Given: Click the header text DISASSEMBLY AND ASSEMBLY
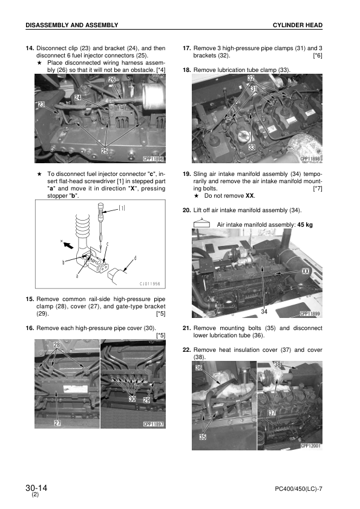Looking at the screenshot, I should coord(71,25).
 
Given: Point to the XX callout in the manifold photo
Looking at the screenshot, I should coord(306,272).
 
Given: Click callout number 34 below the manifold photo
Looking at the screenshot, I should coord(264,311).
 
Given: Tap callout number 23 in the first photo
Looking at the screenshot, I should coord(41,105).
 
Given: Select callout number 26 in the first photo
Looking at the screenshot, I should coord(112,80).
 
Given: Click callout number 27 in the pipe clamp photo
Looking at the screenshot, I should coord(57,423).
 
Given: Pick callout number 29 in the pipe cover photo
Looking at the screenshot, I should coord(146,401).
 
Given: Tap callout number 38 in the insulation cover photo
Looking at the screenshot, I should coord(277,365).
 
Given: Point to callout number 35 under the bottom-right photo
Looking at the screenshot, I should coord(203,436).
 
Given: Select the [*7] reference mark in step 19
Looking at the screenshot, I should coord(317,189).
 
